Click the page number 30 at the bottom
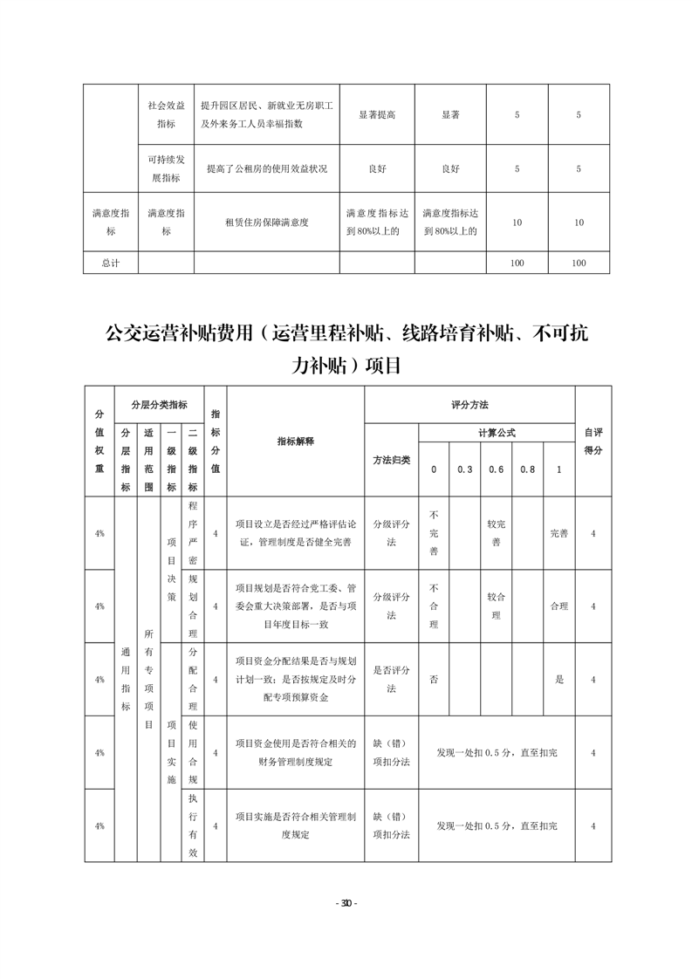pos(346,903)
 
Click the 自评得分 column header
pos(593,441)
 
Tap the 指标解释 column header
pos(296,441)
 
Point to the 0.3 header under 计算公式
pos(464,469)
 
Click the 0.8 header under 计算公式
pos(527,469)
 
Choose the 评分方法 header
pos(469,405)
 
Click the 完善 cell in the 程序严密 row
pos(558,533)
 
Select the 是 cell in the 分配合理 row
pos(558,679)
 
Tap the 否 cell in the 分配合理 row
pos(434,679)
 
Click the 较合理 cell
pos(496,606)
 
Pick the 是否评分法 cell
pos(392,679)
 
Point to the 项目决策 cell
pos(171,570)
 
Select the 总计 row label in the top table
pos(109,263)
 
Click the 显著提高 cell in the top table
pos(376,115)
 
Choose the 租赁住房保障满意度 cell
pos(266,222)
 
